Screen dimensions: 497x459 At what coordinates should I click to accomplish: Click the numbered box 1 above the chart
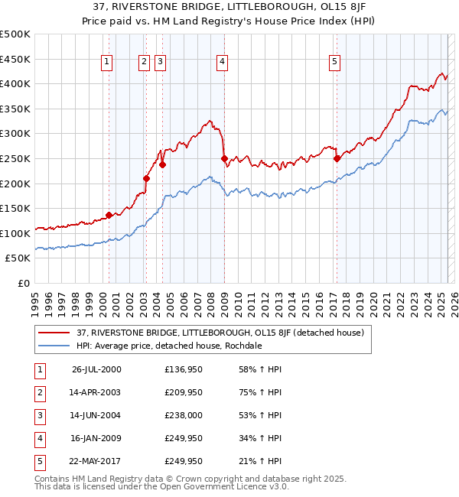[106, 63]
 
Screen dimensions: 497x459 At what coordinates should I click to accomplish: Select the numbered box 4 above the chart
[221, 63]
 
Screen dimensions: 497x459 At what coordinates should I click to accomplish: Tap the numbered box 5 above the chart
[335, 63]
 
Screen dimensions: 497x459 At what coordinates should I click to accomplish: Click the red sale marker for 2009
[225, 159]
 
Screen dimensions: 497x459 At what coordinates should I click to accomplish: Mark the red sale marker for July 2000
[109, 215]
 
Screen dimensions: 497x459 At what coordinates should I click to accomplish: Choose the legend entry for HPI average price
[169, 346]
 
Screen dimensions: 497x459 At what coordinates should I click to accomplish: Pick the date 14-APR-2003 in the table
[94, 392]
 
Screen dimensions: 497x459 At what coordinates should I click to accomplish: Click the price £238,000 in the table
[184, 415]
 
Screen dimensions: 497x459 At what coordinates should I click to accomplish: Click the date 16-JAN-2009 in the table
[95, 438]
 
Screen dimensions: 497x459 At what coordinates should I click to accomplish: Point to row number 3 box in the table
[39, 415]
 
